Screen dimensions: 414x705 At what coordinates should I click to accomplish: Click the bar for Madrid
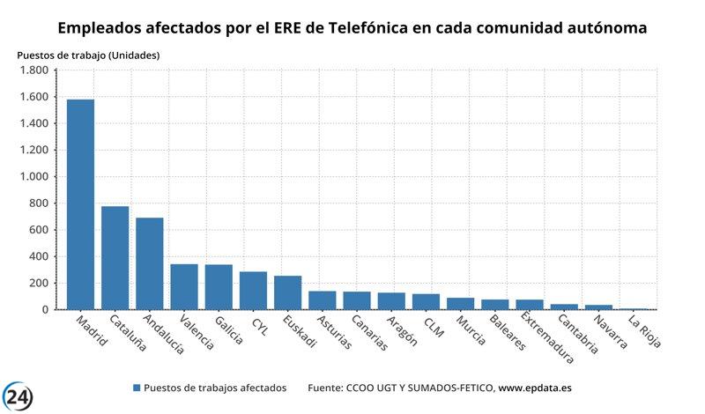coord(80,204)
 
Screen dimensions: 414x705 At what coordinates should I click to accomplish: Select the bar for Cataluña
coord(115,257)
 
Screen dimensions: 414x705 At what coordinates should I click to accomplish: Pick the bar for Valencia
coord(184,286)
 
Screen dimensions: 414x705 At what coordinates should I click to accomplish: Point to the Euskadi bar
coord(287,292)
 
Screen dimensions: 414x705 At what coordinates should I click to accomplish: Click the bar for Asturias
coord(322,300)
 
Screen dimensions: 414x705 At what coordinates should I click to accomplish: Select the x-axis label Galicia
coord(228,331)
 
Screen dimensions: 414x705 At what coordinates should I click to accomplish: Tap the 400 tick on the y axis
coord(40,256)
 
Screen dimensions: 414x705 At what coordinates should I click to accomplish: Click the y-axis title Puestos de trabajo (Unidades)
coord(88,55)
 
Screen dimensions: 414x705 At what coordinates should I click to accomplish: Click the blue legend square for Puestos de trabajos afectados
coord(136,388)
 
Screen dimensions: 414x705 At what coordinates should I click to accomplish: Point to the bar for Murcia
coord(460,304)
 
